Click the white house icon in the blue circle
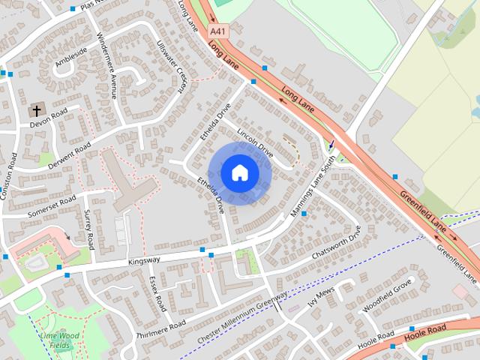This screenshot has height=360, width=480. (x=240, y=173)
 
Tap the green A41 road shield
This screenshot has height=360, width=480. (x=218, y=31)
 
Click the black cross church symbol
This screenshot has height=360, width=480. (x=35, y=111)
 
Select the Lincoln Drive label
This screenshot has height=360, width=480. (x=254, y=141)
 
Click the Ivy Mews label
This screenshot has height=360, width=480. (x=320, y=297)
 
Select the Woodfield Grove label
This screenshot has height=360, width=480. (x=387, y=295)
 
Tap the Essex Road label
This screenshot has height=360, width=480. (x=157, y=294)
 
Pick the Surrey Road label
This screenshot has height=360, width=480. (x=90, y=231)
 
